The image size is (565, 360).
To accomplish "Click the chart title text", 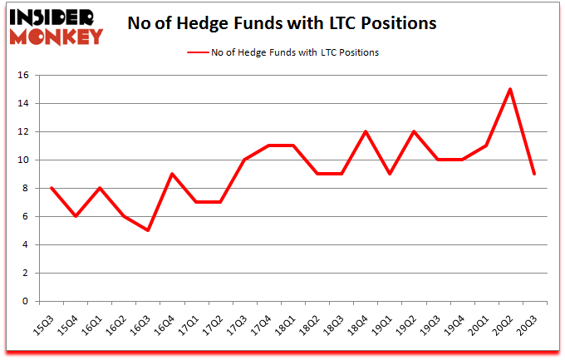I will (282, 24).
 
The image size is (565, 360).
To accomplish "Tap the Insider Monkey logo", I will (57, 25).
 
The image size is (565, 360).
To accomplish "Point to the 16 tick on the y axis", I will (24, 76).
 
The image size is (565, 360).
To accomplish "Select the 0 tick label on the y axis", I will (27, 301).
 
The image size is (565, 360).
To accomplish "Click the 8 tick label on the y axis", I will (27, 189).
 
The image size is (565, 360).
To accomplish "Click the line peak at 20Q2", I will (510, 89).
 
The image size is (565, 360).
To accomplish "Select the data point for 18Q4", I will (365, 131).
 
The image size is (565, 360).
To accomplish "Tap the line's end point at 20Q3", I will (534, 174).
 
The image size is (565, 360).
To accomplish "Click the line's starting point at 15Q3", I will (51, 188).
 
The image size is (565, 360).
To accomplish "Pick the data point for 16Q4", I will (171, 174).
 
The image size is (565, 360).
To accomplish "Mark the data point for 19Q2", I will (414, 131).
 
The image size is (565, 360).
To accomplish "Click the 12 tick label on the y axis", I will (24, 132).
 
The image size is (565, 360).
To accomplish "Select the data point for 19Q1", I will (389, 174).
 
